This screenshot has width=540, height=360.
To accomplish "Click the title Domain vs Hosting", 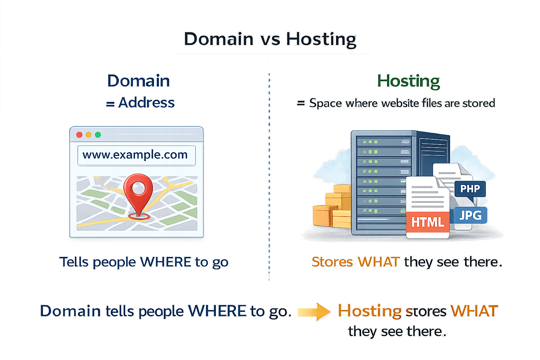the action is tap(270, 39).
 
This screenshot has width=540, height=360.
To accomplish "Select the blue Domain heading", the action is tap(139, 81).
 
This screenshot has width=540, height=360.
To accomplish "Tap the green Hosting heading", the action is tap(408, 81).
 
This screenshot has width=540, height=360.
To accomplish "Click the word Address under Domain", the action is tap(146, 103).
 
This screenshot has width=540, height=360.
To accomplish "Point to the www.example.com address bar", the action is tap(136, 155).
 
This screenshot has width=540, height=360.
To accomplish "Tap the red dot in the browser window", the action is tap(79, 135).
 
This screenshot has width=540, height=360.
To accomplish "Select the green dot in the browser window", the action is tap(98, 135).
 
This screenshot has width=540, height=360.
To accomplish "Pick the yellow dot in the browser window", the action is tap(89, 135).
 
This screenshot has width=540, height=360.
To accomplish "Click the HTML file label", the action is tap(428, 222).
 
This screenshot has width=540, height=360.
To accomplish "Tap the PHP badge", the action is tap(470, 189).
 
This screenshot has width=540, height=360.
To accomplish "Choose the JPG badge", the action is tap(470, 215).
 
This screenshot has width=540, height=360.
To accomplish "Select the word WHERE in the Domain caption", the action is tap(166, 262).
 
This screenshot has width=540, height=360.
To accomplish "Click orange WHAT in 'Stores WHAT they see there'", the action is tap(378, 262).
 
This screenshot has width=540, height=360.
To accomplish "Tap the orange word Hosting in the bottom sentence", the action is tap(369, 311).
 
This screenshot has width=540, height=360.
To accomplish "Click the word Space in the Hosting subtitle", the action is tap(325, 103).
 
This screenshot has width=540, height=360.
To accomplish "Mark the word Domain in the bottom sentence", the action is tap(70, 311).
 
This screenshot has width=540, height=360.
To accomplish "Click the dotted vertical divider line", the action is tap(269, 176).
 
